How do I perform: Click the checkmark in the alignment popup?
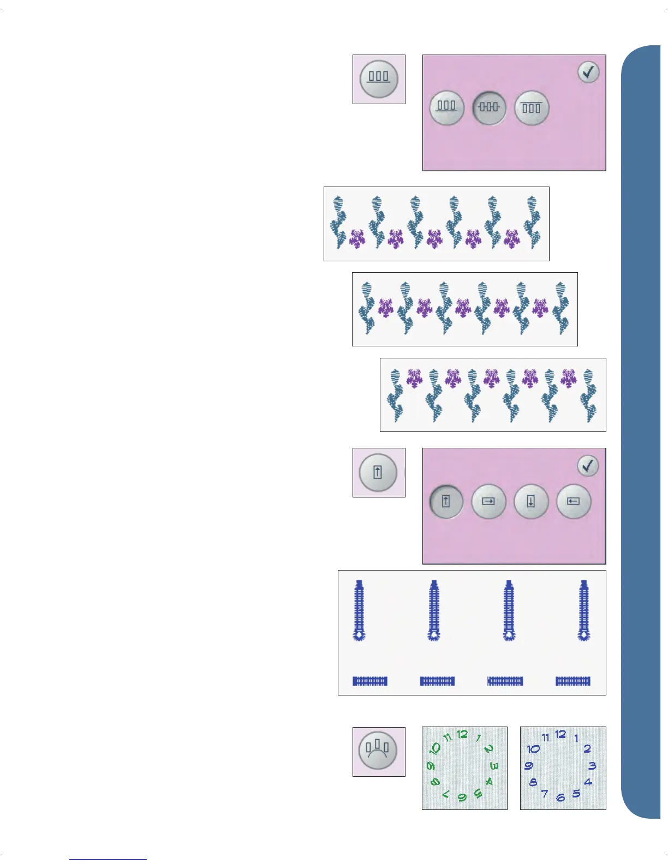pyautogui.click(x=588, y=72)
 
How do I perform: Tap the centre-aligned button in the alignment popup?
pyautogui.click(x=489, y=107)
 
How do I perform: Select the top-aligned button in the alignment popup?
pyautogui.click(x=532, y=107)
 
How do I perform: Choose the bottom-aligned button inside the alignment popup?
pyautogui.click(x=446, y=107)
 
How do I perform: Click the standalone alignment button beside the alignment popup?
pyautogui.click(x=378, y=79)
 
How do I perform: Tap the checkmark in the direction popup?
pyautogui.click(x=588, y=466)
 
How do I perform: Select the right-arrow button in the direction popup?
pyautogui.click(x=488, y=501)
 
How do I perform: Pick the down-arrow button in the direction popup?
pyautogui.click(x=531, y=501)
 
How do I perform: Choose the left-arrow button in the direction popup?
pyautogui.click(x=573, y=501)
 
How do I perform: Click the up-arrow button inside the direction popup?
pyautogui.click(x=446, y=501)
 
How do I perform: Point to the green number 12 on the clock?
pyautogui.click(x=462, y=734)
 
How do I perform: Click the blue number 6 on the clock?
pyautogui.click(x=560, y=798)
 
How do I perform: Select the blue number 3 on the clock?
pyautogui.click(x=592, y=766)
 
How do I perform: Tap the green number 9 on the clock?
pyautogui.click(x=431, y=766)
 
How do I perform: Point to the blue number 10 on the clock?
pyautogui.click(x=533, y=749)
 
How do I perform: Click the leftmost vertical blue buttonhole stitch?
pyautogui.click(x=359, y=610)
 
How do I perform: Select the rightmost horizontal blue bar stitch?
pyautogui.click(x=573, y=681)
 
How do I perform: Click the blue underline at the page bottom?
pyautogui.click(x=108, y=859)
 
